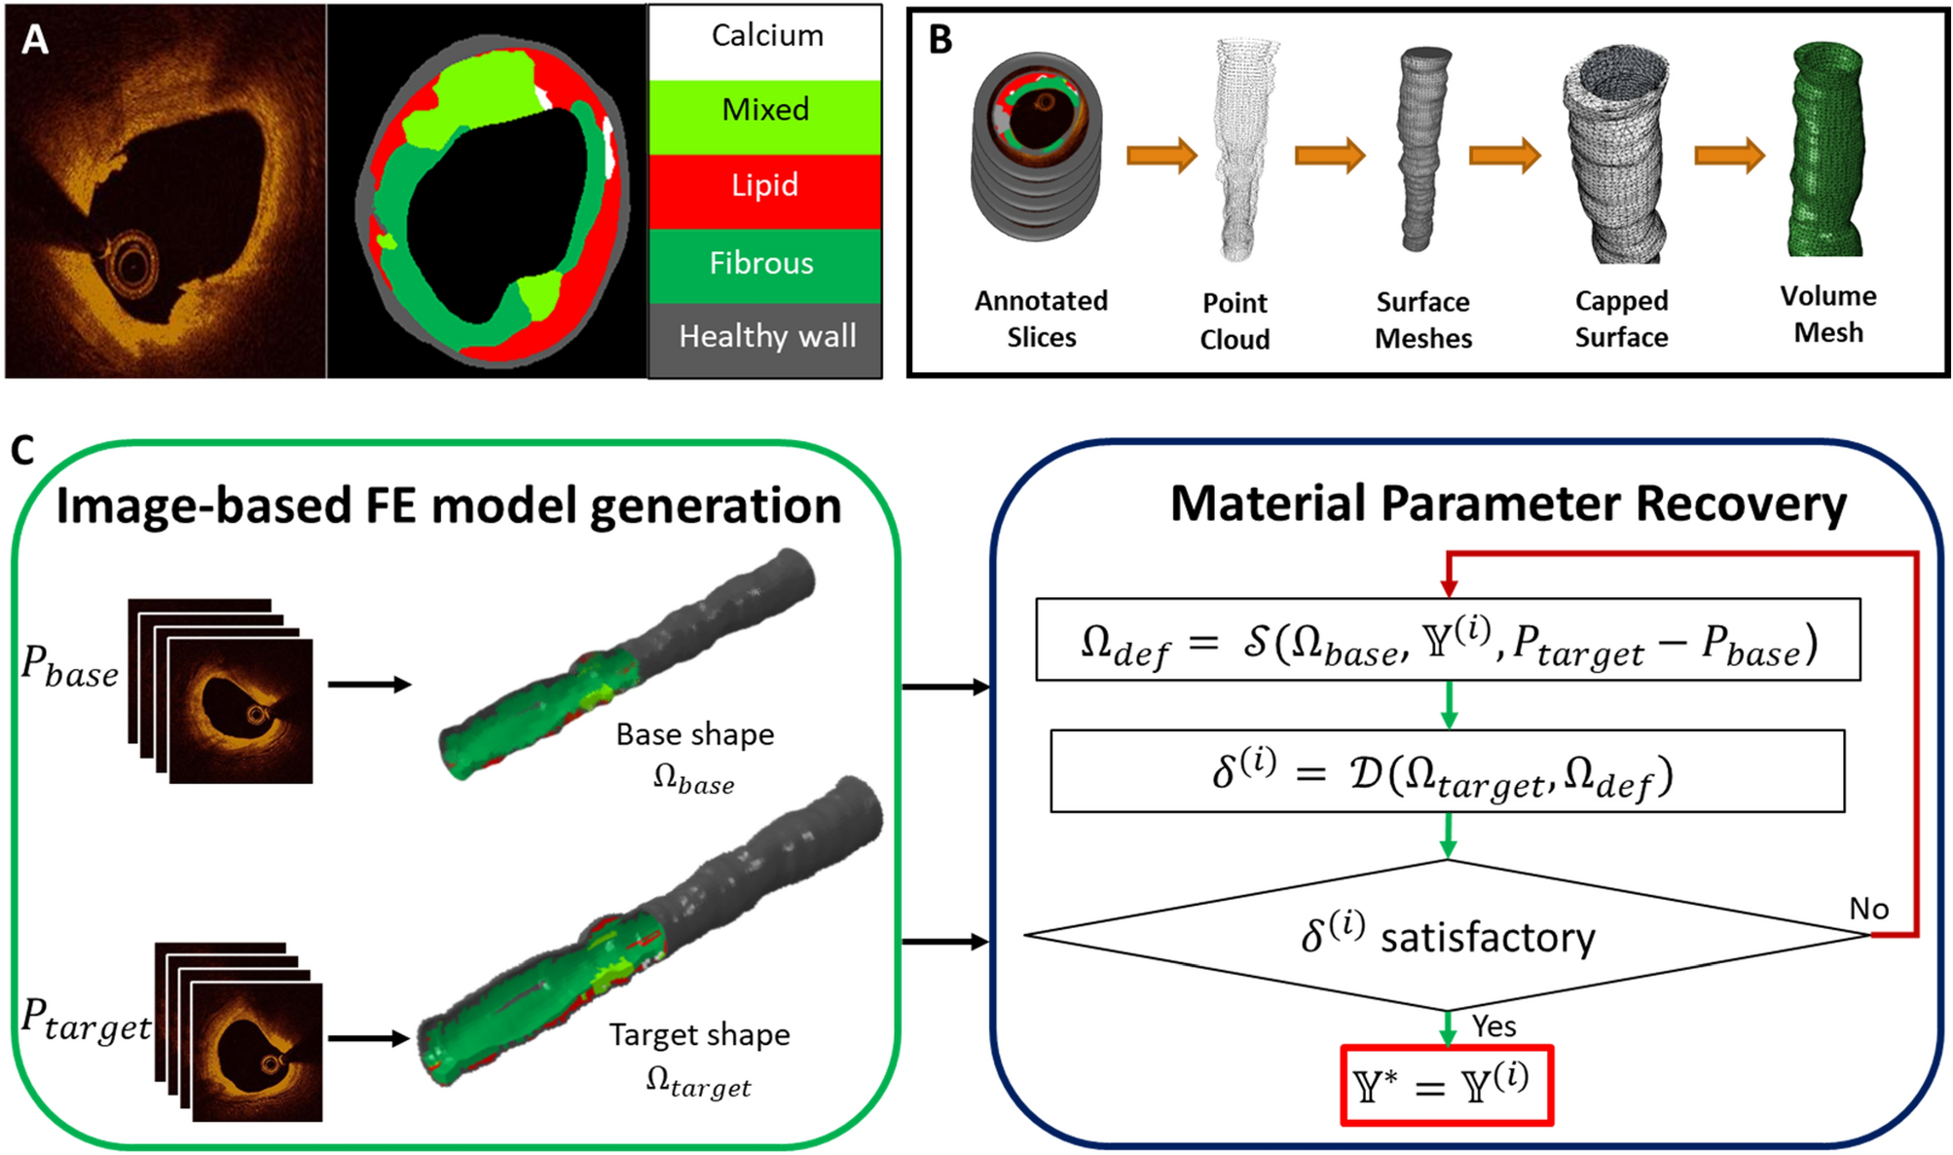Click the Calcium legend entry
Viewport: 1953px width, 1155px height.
click(766, 37)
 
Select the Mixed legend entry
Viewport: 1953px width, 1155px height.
click(765, 110)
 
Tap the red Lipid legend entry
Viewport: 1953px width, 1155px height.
click(765, 186)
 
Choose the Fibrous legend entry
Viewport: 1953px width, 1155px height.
click(761, 263)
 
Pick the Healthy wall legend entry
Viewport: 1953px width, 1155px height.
click(767, 337)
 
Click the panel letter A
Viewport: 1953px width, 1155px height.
click(35, 40)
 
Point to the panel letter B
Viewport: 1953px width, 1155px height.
click(940, 40)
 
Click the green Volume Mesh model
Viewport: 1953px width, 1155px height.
click(1827, 151)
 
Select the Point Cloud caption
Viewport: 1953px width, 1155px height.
click(1234, 320)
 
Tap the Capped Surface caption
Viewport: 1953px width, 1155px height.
click(1621, 318)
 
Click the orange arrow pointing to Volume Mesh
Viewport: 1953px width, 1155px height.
click(1729, 156)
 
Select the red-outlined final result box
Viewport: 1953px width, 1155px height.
click(1447, 1086)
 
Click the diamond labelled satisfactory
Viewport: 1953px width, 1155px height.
click(1447, 936)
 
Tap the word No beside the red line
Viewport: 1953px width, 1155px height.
click(1868, 909)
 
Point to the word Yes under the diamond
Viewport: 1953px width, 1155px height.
click(1493, 1026)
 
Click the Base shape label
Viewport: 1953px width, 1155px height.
click(695, 734)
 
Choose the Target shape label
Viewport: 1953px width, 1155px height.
click(699, 1034)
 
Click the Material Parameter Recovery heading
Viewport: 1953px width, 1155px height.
click(1507, 504)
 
